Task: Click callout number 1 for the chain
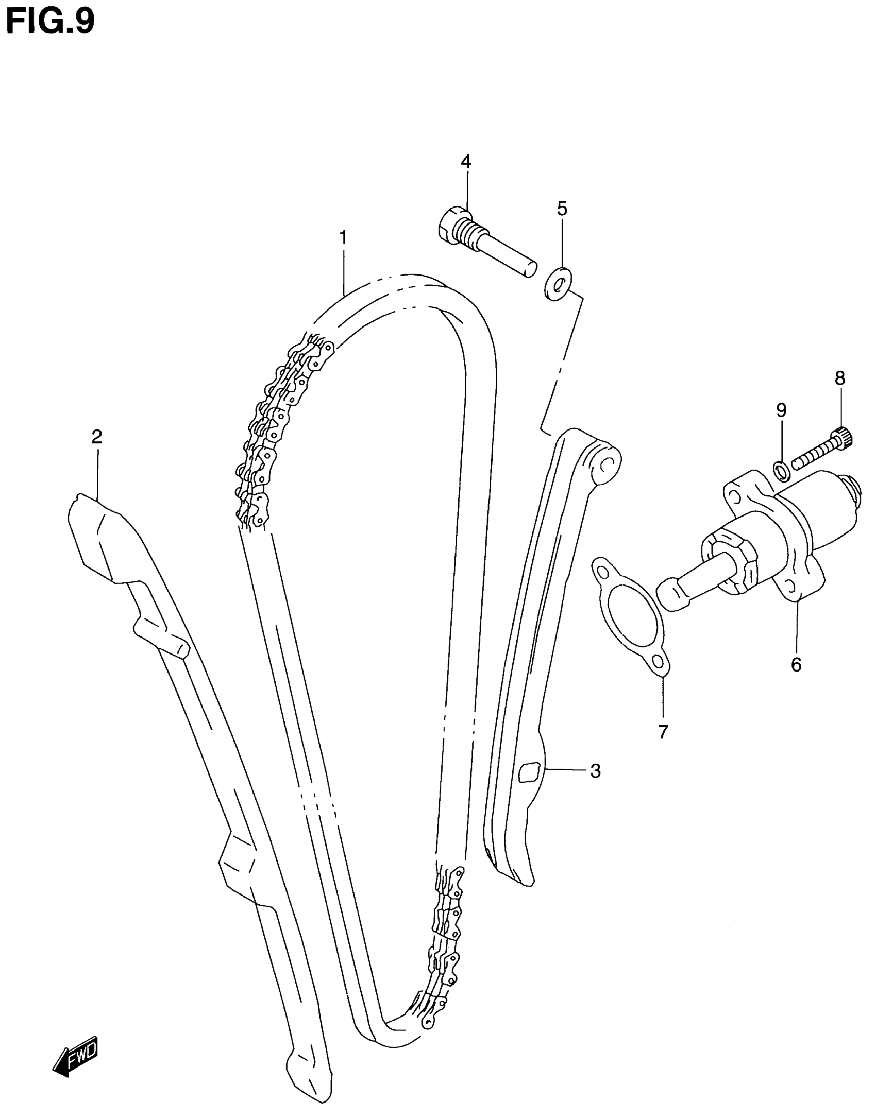[343, 238]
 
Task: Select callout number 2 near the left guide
[96, 437]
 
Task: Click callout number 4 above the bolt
[466, 161]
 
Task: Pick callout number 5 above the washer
[562, 209]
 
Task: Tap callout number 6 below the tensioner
[796, 664]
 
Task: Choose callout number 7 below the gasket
[663, 731]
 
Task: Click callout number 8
[840, 378]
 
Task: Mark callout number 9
[781, 410]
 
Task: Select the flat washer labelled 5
[557, 283]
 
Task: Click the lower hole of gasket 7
[658, 661]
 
